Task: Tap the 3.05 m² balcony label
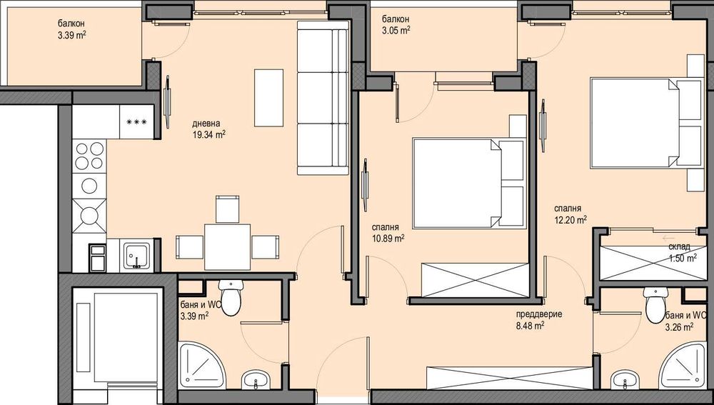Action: tap(396, 25)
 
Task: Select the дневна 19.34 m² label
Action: tap(209, 127)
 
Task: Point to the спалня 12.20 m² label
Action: tap(570, 214)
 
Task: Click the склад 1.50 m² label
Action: tap(682, 253)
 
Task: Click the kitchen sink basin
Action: tap(135, 255)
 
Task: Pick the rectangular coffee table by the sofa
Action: tap(269, 96)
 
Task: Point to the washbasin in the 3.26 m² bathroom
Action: tap(624, 379)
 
